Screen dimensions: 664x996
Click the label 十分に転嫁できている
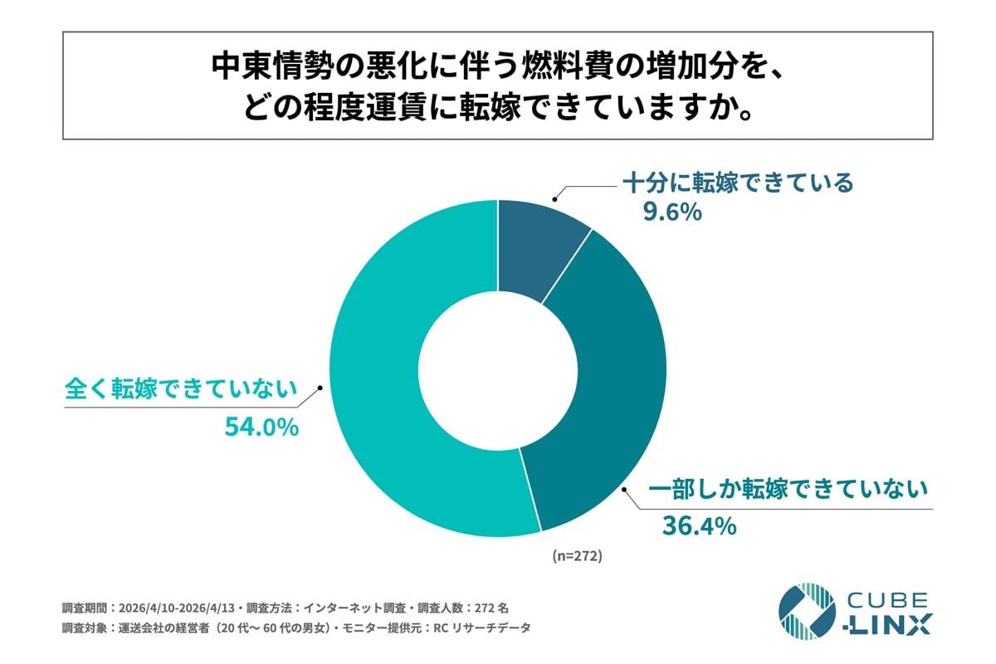[738, 183]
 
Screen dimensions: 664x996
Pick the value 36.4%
[699, 525]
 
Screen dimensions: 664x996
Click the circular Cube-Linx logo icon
[806, 612]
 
